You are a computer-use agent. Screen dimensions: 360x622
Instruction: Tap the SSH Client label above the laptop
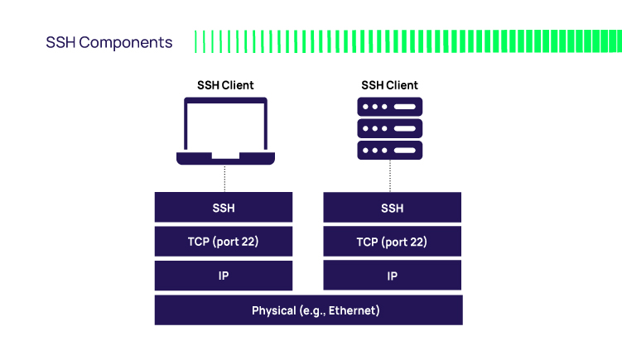pyautogui.click(x=225, y=85)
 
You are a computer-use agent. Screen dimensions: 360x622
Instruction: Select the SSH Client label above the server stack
pyautogui.click(x=389, y=85)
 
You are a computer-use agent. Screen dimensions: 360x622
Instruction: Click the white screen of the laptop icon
pyautogui.click(x=225, y=126)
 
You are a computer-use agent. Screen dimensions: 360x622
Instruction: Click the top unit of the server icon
pyautogui.click(x=389, y=107)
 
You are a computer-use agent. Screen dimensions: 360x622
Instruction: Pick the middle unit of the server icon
pyautogui.click(x=389, y=128)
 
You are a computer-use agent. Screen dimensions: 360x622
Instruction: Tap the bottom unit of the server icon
pyautogui.click(x=389, y=150)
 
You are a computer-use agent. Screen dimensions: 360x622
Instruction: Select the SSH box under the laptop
pyautogui.click(x=224, y=208)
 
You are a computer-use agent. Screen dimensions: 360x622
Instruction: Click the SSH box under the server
pyautogui.click(x=392, y=208)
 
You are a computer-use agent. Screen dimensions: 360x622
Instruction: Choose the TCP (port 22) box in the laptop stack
pyautogui.click(x=224, y=242)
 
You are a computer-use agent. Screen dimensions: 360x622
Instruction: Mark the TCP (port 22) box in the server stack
pyautogui.click(x=392, y=242)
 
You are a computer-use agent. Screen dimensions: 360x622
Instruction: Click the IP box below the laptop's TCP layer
pyautogui.click(x=224, y=276)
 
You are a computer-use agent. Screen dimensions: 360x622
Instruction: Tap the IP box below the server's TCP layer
pyautogui.click(x=392, y=276)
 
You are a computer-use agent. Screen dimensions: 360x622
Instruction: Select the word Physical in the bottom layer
pyautogui.click(x=273, y=310)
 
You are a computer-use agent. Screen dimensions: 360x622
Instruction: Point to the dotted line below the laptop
pyautogui.click(x=224, y=178)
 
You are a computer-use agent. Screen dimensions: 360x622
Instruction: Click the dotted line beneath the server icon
pyautogui.click(x=390, y=176)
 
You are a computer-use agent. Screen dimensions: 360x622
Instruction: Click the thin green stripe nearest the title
pyautogui.click(x=196, y=42)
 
